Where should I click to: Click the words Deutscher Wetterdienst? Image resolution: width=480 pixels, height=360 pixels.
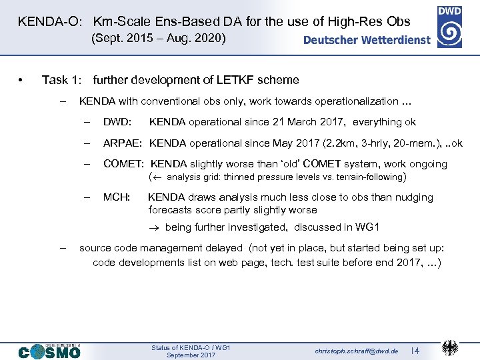click(367, 40)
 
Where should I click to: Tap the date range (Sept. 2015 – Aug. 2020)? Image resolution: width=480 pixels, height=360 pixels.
click(159, 39)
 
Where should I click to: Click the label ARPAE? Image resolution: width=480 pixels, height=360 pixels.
click(124, 143)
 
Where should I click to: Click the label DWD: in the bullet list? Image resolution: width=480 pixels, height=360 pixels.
click(117, 122)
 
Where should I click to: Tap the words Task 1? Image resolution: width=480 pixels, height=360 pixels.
click(62, 80)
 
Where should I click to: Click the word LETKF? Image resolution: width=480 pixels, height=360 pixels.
click(235, 80)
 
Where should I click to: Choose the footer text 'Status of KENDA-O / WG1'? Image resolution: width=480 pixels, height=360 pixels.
click(191, 347)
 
